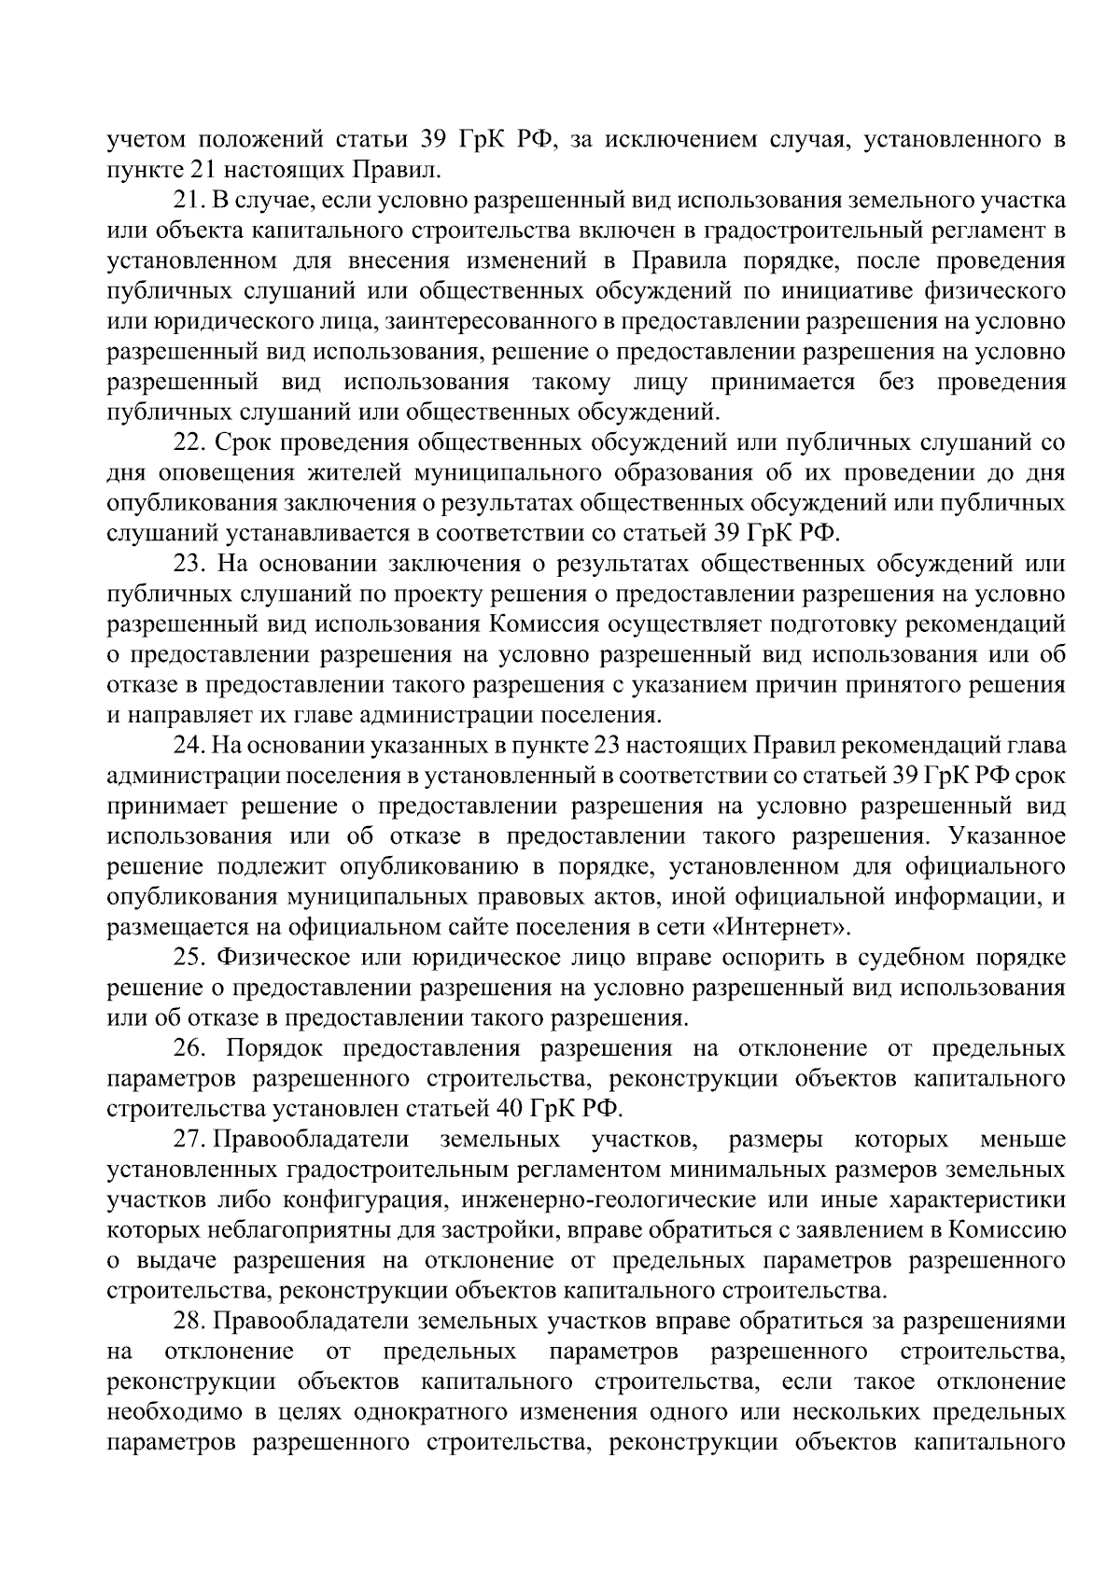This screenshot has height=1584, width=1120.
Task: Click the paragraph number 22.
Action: (x=189, y=442)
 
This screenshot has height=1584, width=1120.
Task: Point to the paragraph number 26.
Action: (x=189, y=1048)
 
